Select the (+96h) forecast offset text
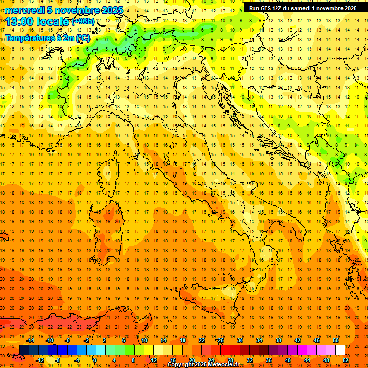tap(83, 22)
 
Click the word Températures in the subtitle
tap(29, 38)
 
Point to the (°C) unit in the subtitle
tap(82, 38)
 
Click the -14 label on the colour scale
tap(31, 340)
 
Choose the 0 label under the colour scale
tap(95, 360)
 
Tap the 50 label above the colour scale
tap(335, 340)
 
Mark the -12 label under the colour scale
tap(40, 360)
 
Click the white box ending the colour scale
tap(340, 350)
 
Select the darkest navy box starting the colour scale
tap(24, 350)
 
